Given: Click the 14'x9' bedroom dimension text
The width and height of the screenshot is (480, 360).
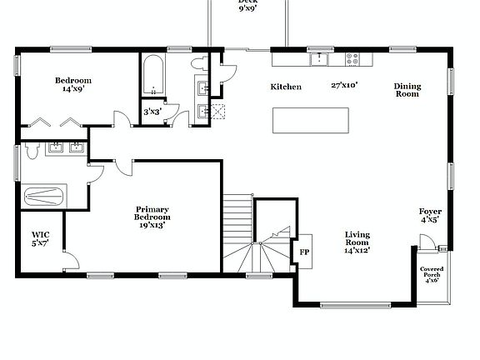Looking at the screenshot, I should [73, 89].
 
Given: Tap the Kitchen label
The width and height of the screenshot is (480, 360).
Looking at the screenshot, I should [286, 87].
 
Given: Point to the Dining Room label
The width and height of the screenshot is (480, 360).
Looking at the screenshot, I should [407, 90].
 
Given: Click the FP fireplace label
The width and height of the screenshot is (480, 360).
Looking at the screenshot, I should [304, 252].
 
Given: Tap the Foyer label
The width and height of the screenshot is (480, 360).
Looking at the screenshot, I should [430, 216].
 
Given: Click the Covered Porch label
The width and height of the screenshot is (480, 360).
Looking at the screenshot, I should [432, 275].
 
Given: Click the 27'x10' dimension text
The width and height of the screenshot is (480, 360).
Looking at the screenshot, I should [343, 85].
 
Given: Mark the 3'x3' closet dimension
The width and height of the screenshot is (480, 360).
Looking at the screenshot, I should [152, 112].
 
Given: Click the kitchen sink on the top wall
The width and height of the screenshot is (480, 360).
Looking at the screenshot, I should [319, 59].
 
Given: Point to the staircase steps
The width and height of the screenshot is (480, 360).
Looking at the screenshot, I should [239, 233].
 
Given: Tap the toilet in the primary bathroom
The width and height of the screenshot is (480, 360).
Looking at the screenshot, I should [31, 150].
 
